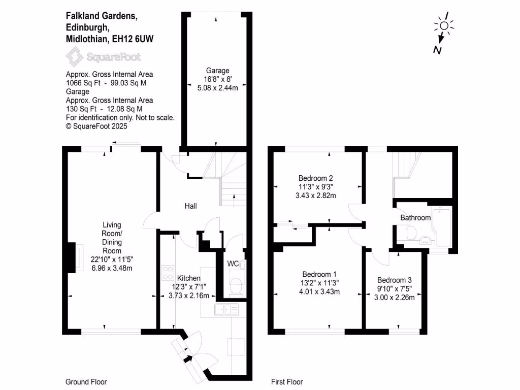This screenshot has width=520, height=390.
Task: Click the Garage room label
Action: point(217,71)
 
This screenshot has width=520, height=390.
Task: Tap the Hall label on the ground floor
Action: point(190,206)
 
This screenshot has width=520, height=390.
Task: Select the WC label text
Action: point(233,264)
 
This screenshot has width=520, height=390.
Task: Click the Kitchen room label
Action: point(188,278)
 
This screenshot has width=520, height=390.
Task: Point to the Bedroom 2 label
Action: point(315,178)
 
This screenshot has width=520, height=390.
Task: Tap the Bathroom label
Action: point(415,218)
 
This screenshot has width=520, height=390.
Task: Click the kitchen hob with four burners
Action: point(167,273)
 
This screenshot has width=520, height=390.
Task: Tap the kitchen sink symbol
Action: point(227,309)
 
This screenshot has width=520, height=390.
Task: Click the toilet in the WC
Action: point(235,286)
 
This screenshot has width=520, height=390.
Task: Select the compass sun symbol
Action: point(444,26)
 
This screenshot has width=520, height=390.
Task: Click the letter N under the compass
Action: point(436,49)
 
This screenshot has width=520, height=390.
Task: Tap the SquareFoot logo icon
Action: point(76,57)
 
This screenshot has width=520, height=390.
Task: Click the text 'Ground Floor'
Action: point(86,382)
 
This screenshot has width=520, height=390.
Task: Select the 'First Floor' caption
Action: point(287,382)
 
